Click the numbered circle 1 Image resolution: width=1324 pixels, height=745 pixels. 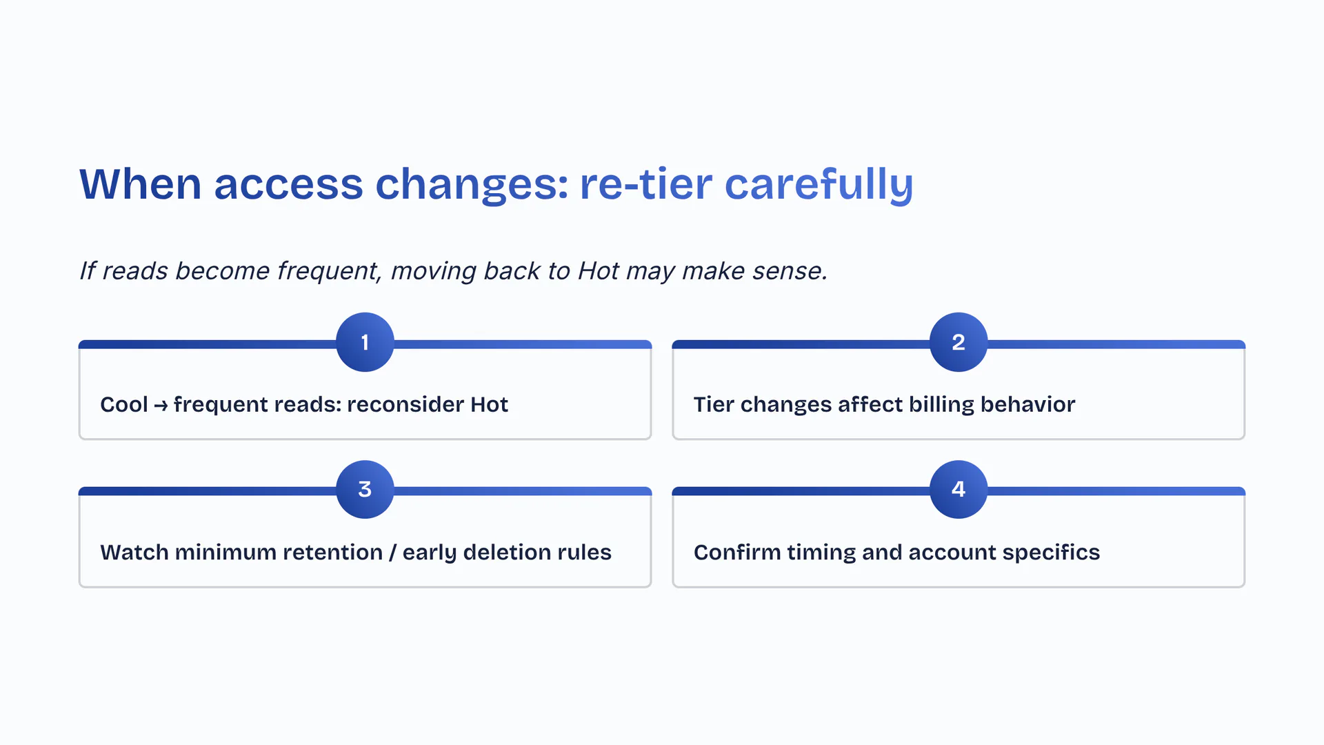[x=365, y=342]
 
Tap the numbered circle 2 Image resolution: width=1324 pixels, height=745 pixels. [x=959, y=342]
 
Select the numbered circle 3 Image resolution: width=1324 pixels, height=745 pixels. [x=365, y=489]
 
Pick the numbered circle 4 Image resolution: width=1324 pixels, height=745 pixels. [x=959, y=489]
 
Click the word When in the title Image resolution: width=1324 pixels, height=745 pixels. [x=141, y=184]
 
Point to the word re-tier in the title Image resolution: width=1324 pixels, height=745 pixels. [x=646, y=184]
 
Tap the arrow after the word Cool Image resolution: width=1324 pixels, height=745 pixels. [x=161, y=405]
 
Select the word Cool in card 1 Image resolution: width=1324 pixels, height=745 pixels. [x=124, y=404]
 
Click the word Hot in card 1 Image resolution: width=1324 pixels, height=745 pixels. [x=489, y=404]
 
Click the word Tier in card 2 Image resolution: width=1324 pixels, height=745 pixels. [x=714, y=404]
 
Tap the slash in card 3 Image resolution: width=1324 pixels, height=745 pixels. [x=392, y=553]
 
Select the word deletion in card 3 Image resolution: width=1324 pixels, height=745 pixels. [x=512, y=552]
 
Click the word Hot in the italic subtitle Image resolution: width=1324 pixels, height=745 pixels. [x=599, y=271]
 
